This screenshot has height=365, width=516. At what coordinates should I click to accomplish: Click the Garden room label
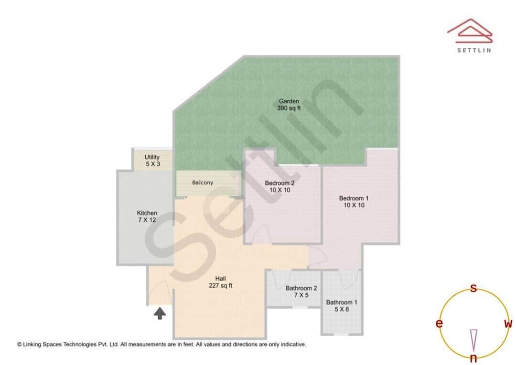289,101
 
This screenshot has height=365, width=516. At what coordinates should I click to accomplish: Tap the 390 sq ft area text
289,108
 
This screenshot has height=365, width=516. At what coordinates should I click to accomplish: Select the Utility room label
152,157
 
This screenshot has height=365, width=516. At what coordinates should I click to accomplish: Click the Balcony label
203,182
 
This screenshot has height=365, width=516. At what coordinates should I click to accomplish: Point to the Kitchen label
147,213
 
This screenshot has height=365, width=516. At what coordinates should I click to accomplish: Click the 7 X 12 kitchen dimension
147,220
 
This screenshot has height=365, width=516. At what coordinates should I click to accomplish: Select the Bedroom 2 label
279,183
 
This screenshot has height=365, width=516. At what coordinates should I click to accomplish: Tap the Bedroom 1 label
354,198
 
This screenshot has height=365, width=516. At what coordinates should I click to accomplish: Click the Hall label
220,279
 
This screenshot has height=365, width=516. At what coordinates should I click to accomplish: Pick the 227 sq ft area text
220,286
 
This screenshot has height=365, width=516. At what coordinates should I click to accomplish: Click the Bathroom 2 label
301,288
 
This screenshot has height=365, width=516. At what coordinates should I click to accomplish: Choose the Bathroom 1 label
342,302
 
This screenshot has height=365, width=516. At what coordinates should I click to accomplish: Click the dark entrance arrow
160,313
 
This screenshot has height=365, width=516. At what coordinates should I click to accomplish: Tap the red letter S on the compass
473,288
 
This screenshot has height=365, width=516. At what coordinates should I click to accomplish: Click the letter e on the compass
439,324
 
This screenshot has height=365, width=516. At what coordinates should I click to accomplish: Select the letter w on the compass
508,324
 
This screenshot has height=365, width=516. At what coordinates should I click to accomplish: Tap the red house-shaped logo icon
470,29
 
